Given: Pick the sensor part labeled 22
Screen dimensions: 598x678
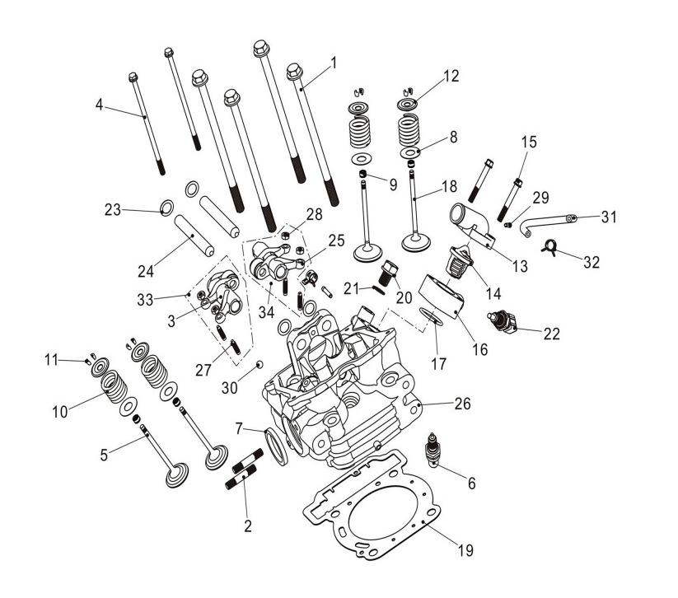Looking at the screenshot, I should point(503,322).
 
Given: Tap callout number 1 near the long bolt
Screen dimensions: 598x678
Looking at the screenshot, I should point(334,62).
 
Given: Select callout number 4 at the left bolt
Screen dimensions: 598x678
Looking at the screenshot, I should point(99,105).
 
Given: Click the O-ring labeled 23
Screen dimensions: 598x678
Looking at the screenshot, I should point(165,206).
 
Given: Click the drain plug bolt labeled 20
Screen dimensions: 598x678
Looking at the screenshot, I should point(390,269).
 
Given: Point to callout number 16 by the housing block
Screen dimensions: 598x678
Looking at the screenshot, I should point(480,349).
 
